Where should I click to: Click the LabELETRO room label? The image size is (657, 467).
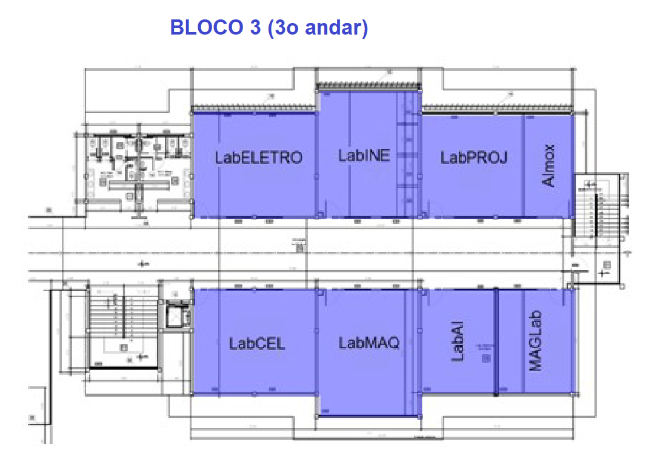(x=258, y=158)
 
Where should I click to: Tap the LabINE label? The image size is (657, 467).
(x=364, y=155)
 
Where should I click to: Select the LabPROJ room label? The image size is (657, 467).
(x=473, y=158)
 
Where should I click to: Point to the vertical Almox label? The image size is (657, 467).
(x=549, y=165)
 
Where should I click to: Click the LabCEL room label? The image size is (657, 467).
(x=256, y=343)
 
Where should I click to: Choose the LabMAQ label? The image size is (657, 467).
(x=369, y=343)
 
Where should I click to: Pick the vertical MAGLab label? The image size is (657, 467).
(x=535, y=341)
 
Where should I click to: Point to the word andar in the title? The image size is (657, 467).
(x=336, y=28)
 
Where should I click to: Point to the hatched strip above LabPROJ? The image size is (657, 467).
(x=497, y=109)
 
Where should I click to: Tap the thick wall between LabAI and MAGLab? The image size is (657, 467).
(x=496, y=341)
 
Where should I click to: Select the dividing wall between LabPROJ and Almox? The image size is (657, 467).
(x=524, y=165)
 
